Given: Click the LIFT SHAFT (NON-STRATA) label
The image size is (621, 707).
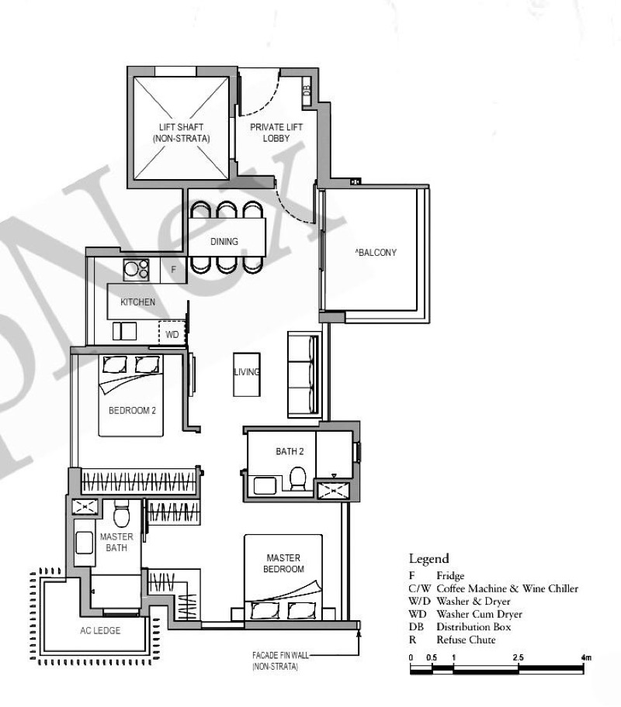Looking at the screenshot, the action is (x=181, y=133).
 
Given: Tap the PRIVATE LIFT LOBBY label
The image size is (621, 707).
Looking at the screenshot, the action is (x=276, y=133).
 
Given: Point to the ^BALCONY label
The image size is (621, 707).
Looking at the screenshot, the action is (x=376, y=253).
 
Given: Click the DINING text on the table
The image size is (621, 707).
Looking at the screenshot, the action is (x=224, y=242).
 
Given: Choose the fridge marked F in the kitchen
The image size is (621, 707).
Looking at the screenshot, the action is (x=173, y=270).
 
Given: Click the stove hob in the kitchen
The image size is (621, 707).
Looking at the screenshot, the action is (x=136, y=270).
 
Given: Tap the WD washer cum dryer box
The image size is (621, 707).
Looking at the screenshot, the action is (x=172, y=333).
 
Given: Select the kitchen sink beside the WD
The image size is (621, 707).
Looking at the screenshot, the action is (x=125, y=331).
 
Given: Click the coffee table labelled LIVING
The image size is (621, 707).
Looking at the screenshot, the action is (x=247, y=374).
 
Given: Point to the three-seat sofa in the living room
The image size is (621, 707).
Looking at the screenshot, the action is (x=304, y=374).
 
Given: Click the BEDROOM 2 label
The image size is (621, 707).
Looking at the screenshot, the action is (x=132, y=410).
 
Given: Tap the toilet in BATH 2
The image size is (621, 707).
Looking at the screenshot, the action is (x=297, y=479).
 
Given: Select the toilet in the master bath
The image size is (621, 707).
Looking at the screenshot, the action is (x=122, y=513).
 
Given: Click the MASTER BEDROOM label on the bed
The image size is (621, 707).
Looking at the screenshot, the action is (x=283, y=564).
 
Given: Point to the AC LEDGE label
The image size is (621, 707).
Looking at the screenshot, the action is (x=100, y=630).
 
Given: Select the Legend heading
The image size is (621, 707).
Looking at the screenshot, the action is (x=428, y=559).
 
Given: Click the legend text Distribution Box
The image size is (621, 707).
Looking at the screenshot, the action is (x=474, y=626).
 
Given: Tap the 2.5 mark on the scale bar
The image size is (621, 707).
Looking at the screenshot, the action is (x=518, y=657).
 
